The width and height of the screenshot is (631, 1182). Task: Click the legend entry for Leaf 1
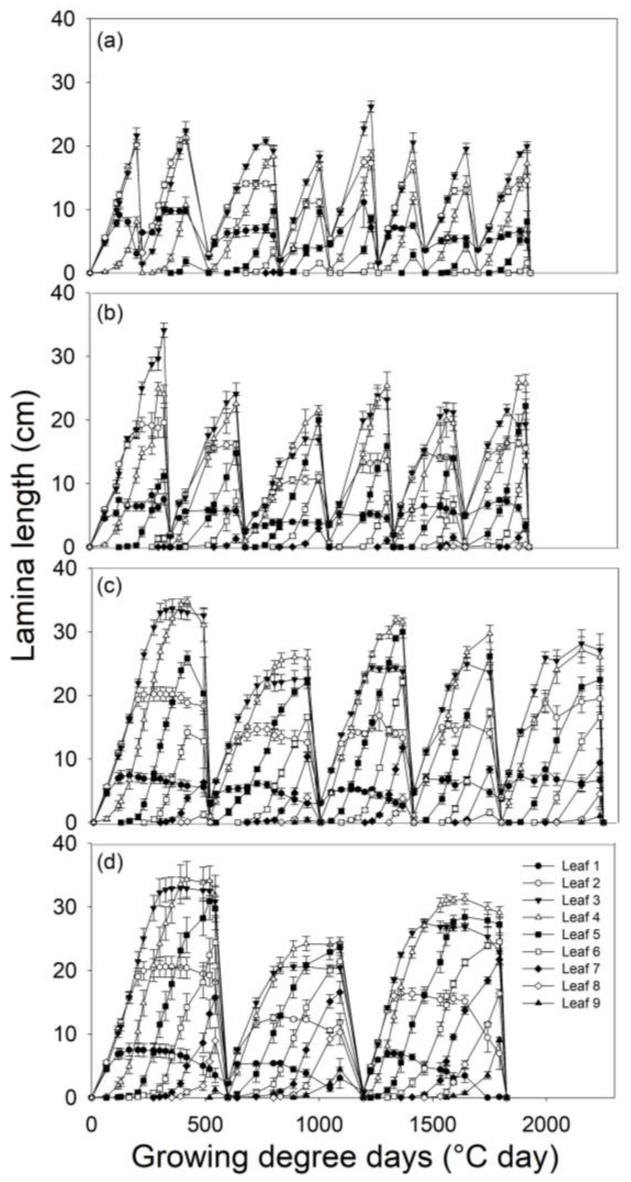coord(580,866)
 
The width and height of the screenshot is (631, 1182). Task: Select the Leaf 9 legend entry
coord(580,1003)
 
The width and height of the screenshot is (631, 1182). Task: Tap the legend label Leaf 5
coord(580,935)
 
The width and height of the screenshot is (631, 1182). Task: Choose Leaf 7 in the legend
coord(580,969)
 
